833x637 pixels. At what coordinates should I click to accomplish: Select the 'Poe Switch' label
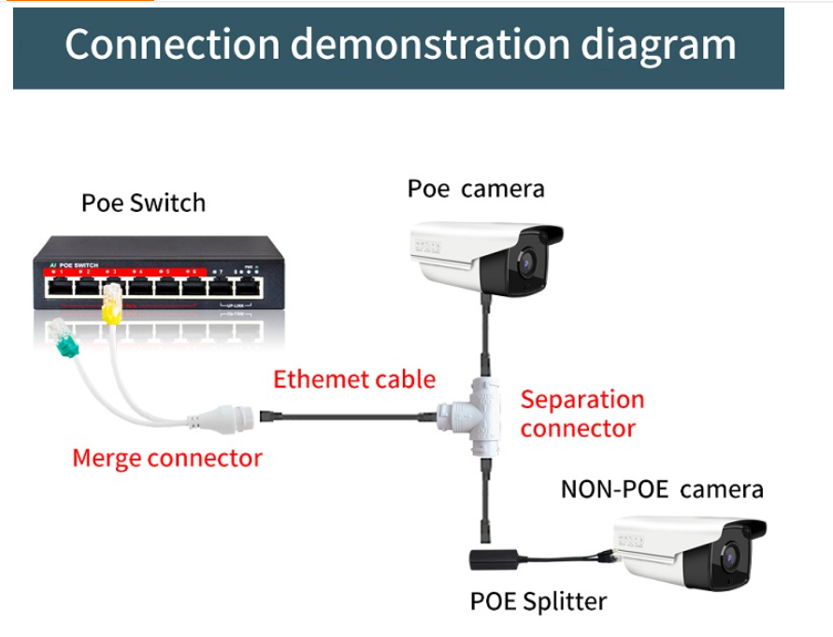[143, 203]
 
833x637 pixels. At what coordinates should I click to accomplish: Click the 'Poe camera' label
[475, 189]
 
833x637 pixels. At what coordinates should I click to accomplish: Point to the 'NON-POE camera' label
[662, 488]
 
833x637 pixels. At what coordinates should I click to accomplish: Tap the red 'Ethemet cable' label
[354, 379]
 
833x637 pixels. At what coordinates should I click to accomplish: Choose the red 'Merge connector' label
[167, 458]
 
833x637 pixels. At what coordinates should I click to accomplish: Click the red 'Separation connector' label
[582, 414]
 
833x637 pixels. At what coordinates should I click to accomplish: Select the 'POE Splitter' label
[538, 601]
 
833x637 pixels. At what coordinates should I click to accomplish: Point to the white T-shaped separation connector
[478, 409]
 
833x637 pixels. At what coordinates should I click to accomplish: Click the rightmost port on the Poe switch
[246, 288]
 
